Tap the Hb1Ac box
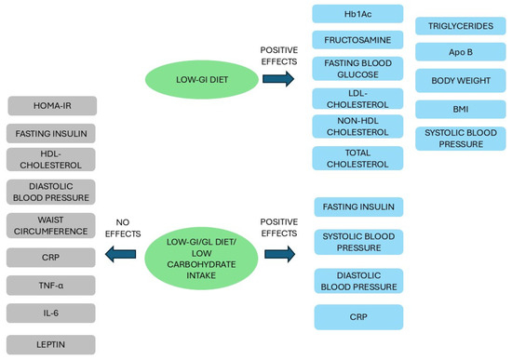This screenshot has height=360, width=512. (x=358, y=13)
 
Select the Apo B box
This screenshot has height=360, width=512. (x=460, y=54)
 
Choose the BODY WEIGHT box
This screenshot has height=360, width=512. (x=460, y=82)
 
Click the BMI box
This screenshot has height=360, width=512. (x=460, y=110)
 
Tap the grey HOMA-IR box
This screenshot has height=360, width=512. (x=51, y=106)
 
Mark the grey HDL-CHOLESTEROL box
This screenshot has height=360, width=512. (x=51, y=159)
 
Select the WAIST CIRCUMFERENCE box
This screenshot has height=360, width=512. (x=51, y=225)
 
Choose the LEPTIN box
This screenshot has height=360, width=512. (x=51, y=343)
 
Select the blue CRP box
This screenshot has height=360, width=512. (x=358, y=317)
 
